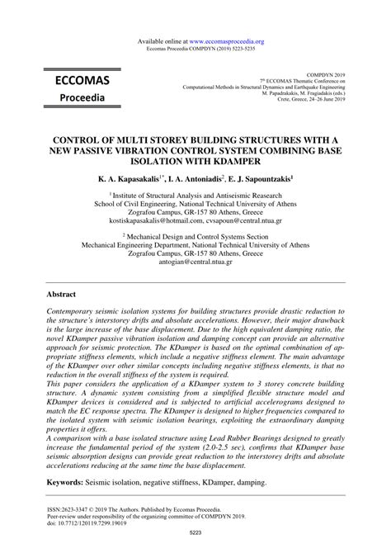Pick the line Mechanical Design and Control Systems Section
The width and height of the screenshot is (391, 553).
pos(195,234)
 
